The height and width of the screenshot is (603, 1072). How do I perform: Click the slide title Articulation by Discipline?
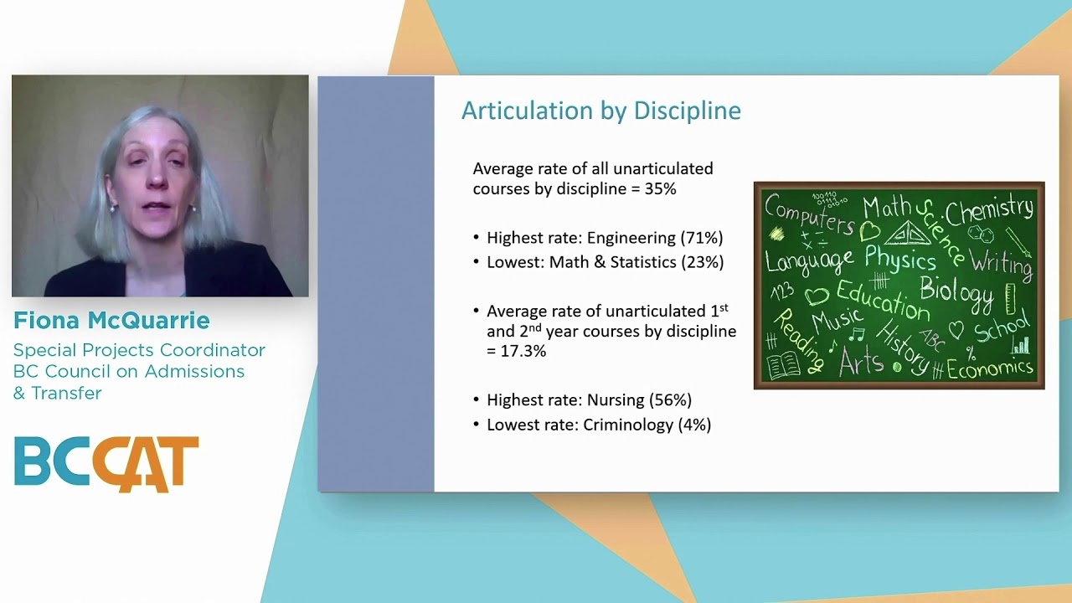(600, 111)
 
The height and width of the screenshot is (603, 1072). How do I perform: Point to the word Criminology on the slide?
(626, 425)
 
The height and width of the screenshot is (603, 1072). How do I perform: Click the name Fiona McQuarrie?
(111, 321)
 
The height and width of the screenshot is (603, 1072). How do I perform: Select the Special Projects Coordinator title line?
(139, 350)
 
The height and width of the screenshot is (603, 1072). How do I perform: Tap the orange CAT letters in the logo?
(146, 464)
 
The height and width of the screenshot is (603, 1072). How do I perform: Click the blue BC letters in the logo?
(52, 461)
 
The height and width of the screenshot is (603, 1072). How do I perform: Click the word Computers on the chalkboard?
(807, 213)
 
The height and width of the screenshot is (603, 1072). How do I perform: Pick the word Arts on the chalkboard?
(860, 362)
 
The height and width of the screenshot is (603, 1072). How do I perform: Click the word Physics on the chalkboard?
(900, 258)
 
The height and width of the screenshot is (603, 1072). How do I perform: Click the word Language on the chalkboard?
(809, 260)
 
